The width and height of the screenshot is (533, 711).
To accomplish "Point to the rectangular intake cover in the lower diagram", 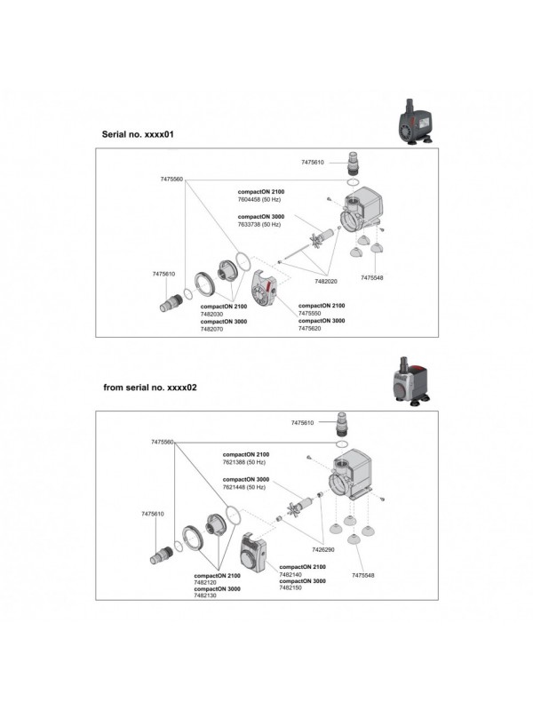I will tap(257, 552).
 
